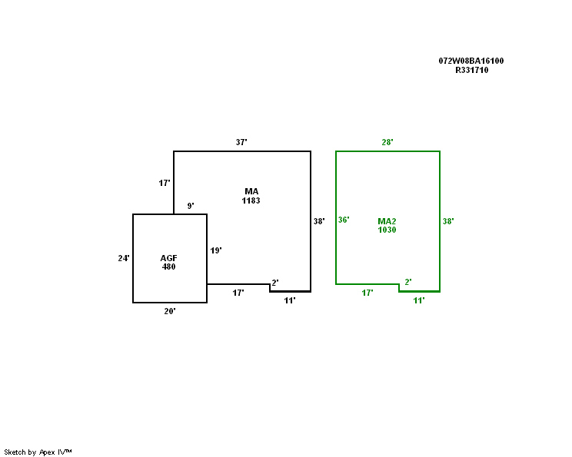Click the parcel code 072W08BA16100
[x=471, y=61]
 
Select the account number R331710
[x=472, y=70]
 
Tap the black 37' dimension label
[x=241, y=142]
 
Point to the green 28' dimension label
[x=387, y=142]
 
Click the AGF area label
[x=168, y=258]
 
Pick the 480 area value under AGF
[x=168, y=267]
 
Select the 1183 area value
[x=251, y=200]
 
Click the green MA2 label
[x=387, y=221]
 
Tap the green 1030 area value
[x=387, y=230]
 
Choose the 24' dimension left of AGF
[x=124, y=258]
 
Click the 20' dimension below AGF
[x=170, y=311]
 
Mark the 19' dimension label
[x=216, y=250]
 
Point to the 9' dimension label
[x=191, y=206]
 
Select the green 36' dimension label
[x=344, y=220]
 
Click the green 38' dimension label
[x=448, y=221]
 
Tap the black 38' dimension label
[x=319, y=221]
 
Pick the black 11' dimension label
[x=290, y=300]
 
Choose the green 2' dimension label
[x=408, y=282]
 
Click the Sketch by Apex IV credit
[x=38, y=452]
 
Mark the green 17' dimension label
[x=367, y=293]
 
